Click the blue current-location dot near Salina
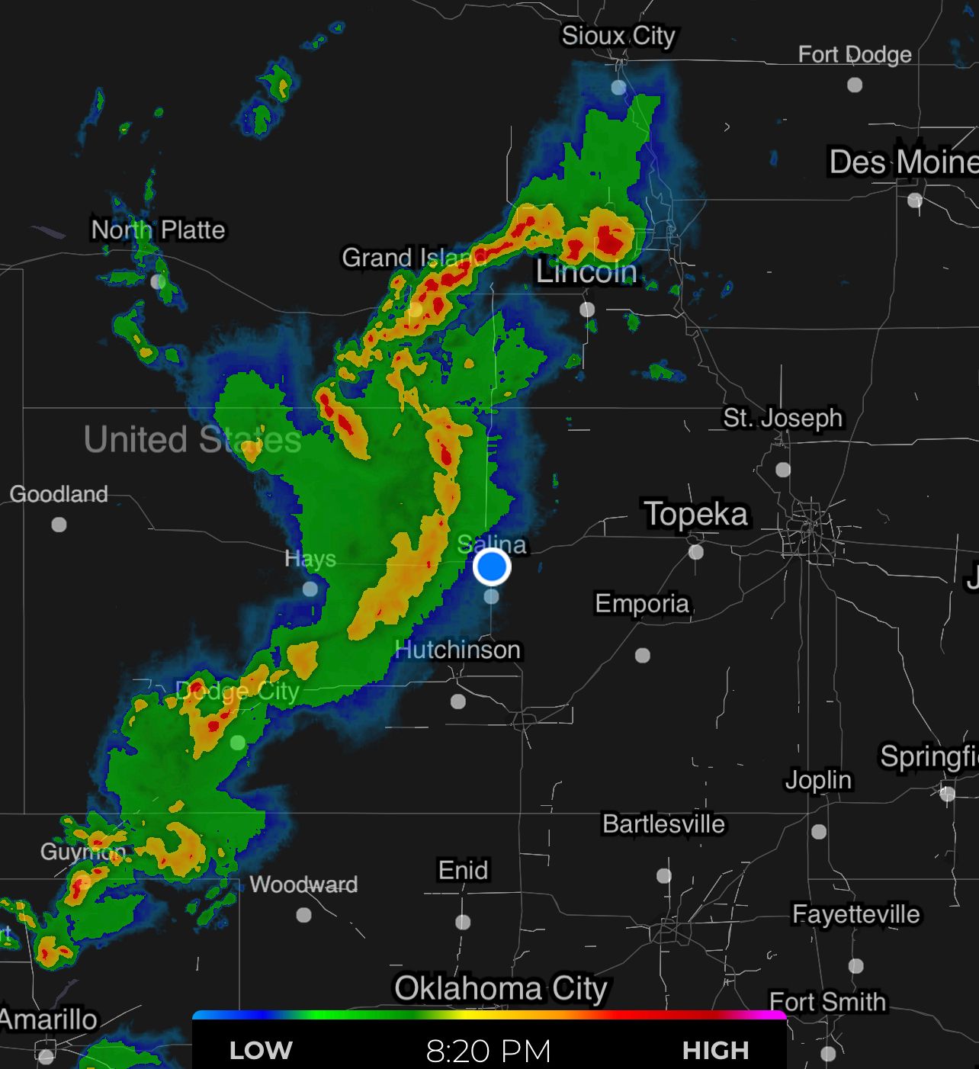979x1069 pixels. tap(492, 567)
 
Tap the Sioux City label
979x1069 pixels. tap(618, 36)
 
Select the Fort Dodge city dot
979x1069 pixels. tap(855, 85)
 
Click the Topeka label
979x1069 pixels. tap(696, 513)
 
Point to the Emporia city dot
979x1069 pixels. tap(643, 655)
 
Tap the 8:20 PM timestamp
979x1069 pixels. tap(489, 1051)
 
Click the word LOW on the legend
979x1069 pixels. tap(261, 1051)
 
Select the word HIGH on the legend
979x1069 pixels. tap(715, 1051)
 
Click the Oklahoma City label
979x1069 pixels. tap(501, 988)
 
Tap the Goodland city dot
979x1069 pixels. tap(59, 525)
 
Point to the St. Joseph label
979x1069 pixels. tap(783, 418)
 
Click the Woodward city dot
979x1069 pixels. tap(303, 914)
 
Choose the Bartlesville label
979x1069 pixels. tap(663, 824)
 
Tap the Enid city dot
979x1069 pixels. tap(463, 922)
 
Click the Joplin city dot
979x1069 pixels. tap(819, 831)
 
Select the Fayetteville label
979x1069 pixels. tap(856, 914)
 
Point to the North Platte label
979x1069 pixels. tap(159, 230)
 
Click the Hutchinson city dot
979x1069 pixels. tap(458, 701)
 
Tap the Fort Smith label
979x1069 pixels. tap(828, 1002)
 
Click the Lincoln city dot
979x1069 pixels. tap(587, 309)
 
